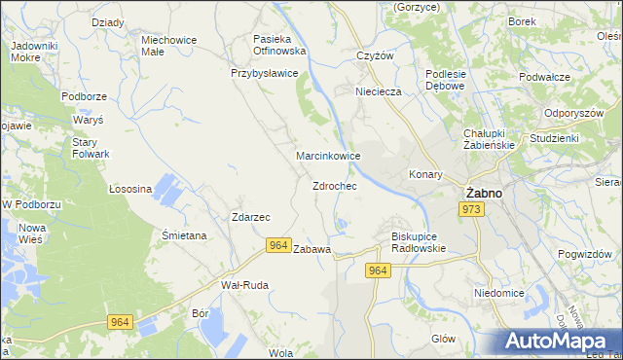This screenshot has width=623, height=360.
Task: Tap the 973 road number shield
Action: point(473,210)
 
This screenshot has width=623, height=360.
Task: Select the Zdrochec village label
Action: point(334,185)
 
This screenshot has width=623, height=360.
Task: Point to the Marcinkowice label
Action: point(329,156)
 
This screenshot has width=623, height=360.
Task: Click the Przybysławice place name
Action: point(264,72)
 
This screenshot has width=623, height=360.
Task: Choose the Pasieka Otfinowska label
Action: point(279,44)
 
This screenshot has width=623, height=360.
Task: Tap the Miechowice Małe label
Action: point(169,46)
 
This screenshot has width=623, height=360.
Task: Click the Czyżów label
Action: point(375,55)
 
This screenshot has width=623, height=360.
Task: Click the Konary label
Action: point(425,175)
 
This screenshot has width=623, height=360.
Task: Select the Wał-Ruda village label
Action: point(244,285)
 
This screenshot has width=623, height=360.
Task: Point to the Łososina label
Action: point(130,189)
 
